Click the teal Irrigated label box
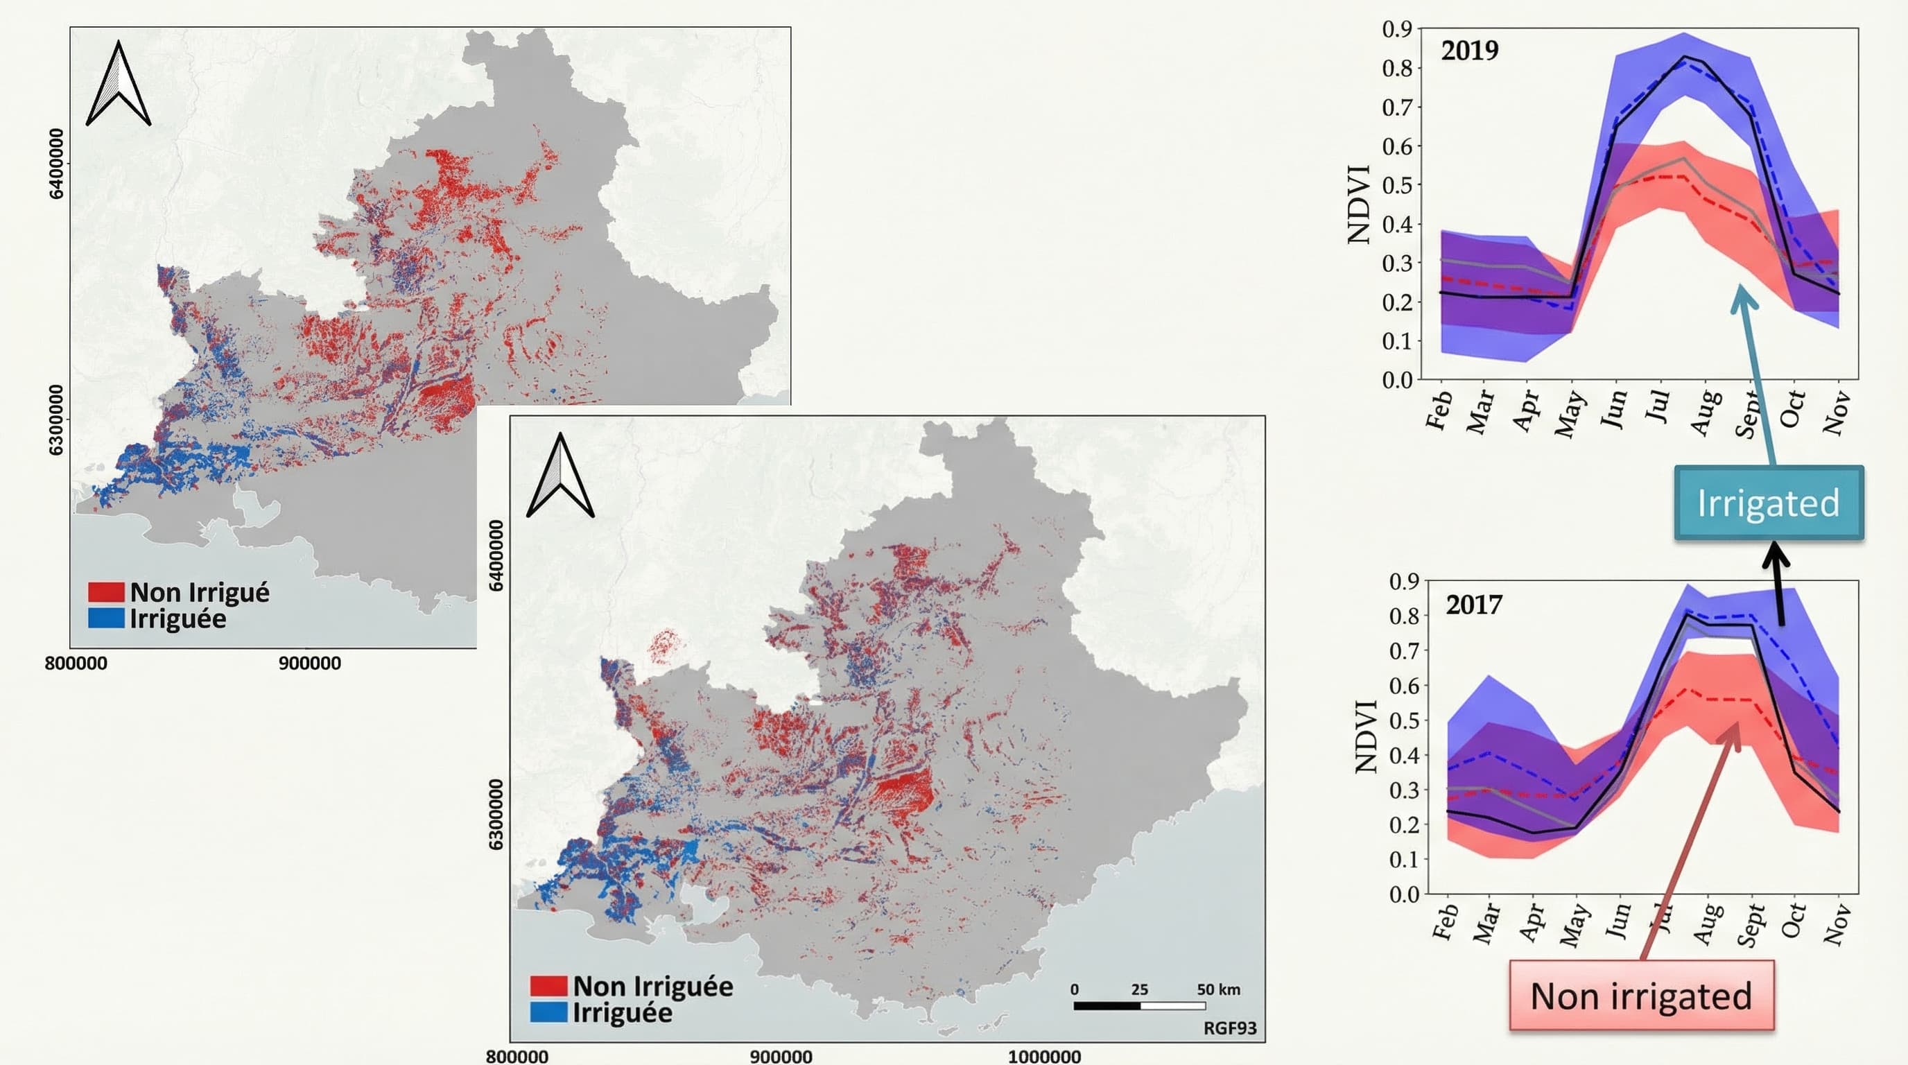point(1768,503)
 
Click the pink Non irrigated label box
point(1641,996)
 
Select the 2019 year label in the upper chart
point(1470,51)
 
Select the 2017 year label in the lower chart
point(1474,605)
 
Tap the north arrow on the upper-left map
point(119,85)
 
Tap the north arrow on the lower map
point(560,476)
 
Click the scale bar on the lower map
point(1139,1006)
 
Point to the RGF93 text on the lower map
point(1229,1028)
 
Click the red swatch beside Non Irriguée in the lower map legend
point(549,986)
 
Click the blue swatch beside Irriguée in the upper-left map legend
point(106,618)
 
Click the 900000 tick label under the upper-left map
point(310,663)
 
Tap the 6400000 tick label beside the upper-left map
point(56,164)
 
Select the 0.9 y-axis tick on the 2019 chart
point(1397,29)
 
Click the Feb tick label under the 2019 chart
point(1439,411)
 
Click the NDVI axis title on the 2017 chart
point(1365,737)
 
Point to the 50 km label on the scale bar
point(1218,989)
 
